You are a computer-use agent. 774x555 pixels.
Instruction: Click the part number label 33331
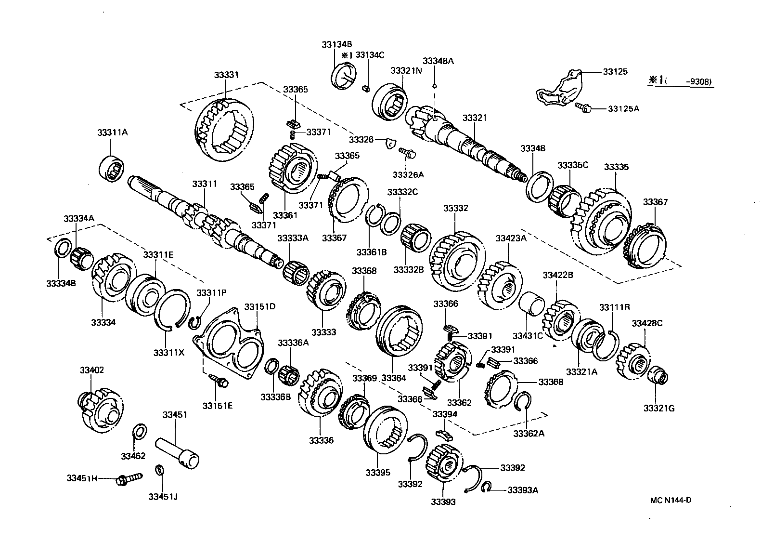coord(226,75)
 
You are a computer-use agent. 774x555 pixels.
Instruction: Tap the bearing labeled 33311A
coord(112,169)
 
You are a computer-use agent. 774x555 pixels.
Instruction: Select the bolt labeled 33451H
coord(129,479)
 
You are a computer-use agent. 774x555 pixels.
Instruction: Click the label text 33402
coord(91,370)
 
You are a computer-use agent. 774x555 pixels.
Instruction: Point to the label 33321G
coord(659,409)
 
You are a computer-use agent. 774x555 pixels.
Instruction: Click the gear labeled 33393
coord(444,463)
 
